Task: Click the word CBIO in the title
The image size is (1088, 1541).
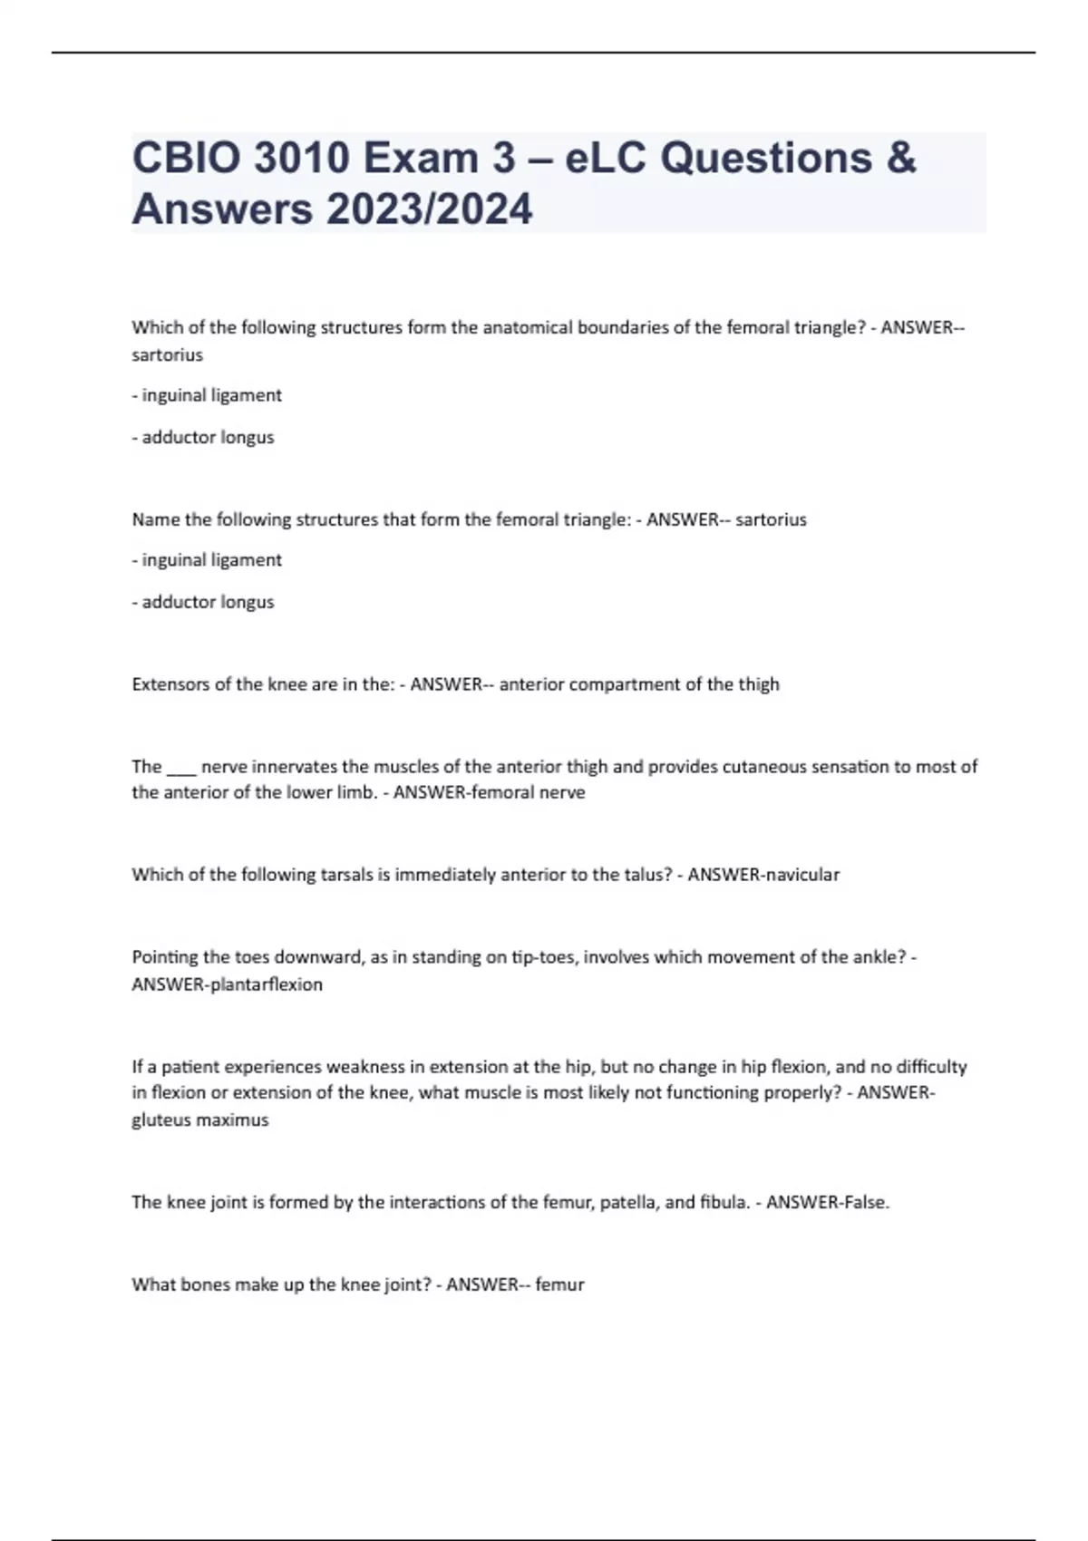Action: point(186,159)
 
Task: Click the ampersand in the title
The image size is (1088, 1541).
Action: point(899,159)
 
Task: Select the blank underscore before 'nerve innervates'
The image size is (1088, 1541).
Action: point(181,768)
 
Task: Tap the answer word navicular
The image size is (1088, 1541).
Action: point(802,875)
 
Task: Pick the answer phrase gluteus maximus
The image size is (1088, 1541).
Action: point(200,1120)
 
